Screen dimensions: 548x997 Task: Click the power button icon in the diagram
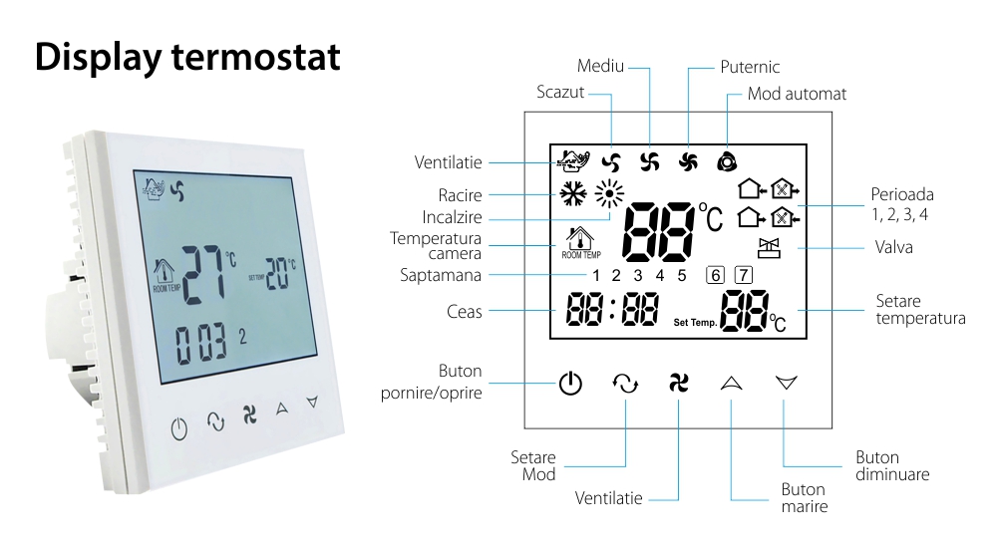(569, 383)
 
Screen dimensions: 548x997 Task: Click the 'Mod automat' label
(797, 94)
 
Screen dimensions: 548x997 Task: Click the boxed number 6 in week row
(715, 275)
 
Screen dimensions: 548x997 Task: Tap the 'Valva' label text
(893, 247)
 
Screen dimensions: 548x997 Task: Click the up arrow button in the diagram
(732, 382)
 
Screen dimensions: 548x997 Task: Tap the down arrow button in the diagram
(787, 382)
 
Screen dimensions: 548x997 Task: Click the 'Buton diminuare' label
(891, 466)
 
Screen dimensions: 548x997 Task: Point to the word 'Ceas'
(465, 312)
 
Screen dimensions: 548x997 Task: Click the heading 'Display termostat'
(187, 57)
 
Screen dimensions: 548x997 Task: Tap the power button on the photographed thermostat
(178, 429)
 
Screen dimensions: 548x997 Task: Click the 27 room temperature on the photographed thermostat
(203, 271)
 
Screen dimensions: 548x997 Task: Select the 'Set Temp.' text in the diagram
(695, 323)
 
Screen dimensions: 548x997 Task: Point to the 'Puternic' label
(750, 67)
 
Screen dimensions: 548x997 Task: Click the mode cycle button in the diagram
(625, 383)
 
